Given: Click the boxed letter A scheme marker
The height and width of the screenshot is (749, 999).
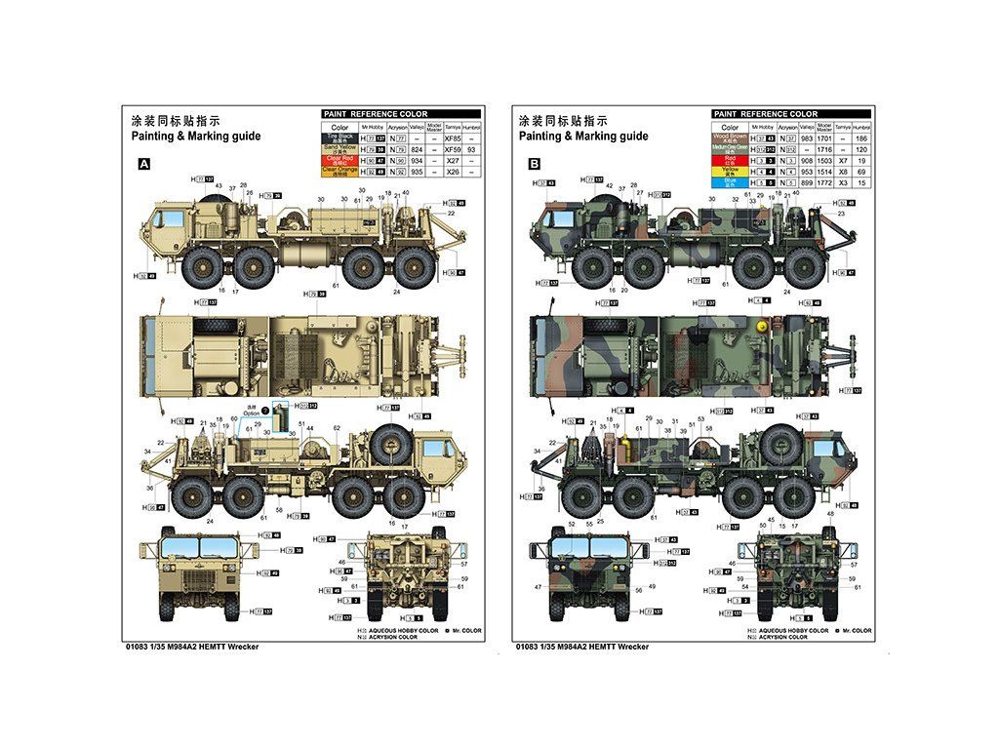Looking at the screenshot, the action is click(x=144, y=165).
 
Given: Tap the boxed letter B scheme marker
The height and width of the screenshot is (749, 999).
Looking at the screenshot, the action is click(x=535, y=165).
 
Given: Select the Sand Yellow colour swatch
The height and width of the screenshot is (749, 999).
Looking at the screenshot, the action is click(x=340, y=149).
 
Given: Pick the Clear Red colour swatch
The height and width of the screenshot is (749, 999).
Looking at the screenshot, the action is click(x=340, y=160).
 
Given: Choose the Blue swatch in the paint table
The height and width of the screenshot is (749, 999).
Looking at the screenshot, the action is click(x=730, y=181).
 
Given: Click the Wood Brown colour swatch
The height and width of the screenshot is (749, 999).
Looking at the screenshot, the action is click(x=730, y=138).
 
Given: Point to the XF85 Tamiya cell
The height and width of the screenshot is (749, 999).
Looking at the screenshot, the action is click(x=452, y=138).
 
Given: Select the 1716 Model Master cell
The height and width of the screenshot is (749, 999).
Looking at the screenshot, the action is click(x=823, y=149).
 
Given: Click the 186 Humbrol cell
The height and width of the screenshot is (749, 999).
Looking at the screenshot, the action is click(x=860, y=138).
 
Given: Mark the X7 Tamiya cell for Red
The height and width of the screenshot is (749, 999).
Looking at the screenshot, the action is click(x=842, y=160).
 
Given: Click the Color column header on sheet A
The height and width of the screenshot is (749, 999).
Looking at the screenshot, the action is click(x=340, y=127).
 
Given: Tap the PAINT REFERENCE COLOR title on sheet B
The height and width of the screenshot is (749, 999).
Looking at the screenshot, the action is click(x=765, y=114).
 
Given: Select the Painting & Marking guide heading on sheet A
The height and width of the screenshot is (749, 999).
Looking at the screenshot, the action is click(x=195, y=137).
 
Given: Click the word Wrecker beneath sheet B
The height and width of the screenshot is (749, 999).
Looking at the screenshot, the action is click(x=634, y=647).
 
